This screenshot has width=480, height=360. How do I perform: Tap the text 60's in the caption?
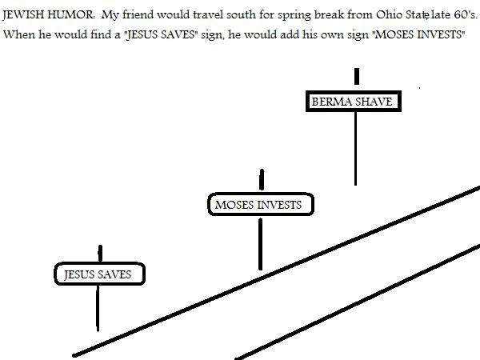466,14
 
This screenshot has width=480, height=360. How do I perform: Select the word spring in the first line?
294,15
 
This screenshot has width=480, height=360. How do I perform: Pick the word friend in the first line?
138,14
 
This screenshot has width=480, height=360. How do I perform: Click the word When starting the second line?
19,34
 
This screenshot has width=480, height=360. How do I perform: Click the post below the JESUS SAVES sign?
98,308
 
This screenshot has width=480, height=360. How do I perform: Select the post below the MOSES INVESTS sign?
260,244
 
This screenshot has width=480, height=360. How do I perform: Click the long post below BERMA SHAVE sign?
355,149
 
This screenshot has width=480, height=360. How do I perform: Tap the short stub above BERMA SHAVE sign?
357,76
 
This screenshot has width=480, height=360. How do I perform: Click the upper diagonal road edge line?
276,271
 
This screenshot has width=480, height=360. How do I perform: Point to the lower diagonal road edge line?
358,302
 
